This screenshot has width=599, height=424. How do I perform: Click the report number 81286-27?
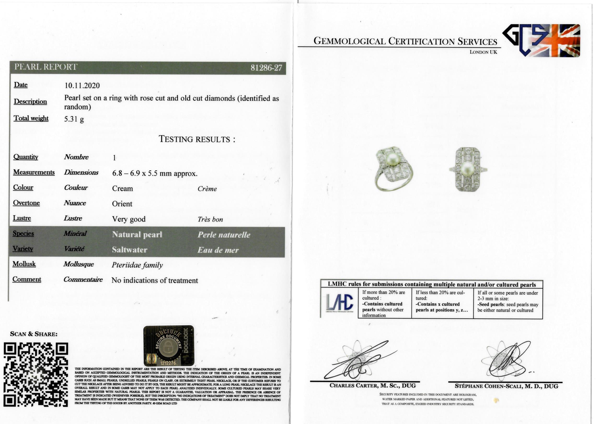pos(266,68)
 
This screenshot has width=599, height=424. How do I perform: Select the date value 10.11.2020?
pos(82,85)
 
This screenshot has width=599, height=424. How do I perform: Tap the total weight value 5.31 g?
pos(74,119)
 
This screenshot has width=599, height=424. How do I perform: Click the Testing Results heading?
pos(197,139)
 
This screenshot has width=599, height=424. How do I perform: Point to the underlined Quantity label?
pos(26,157)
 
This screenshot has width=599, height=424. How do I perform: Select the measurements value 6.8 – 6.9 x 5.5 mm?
pos(155,173)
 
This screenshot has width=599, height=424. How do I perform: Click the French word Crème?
pos(207,189)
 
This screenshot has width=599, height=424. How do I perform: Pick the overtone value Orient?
pos(122,204)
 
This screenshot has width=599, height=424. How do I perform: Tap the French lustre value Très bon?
pos(210,219)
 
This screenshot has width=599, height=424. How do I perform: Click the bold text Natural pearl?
pos(137,234)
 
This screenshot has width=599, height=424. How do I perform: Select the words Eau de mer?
pos(218,250)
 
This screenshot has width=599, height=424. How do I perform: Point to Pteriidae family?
pos(137,265)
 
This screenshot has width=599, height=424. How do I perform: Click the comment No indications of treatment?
pos(155,280)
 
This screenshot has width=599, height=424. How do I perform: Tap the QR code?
pos(36,375)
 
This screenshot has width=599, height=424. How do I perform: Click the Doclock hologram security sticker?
pos(169,346)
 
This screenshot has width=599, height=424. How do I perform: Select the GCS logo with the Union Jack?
pos(541,41)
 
